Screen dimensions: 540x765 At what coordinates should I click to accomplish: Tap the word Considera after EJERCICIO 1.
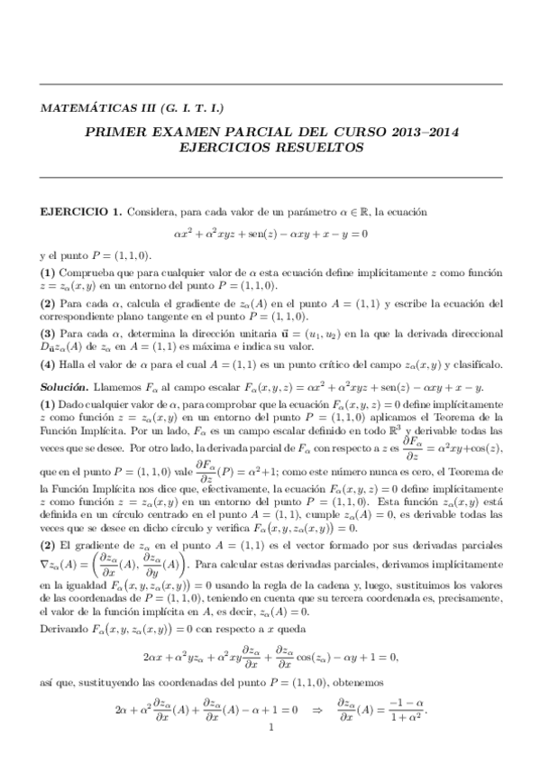[150, 212]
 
